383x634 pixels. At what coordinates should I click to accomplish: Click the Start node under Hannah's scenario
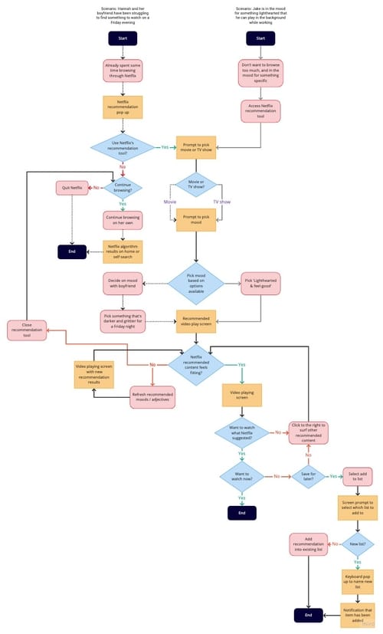(123, 38)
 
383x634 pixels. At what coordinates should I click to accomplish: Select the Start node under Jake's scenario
(260, 38)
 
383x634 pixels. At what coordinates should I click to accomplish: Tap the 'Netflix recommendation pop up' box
(123, 107)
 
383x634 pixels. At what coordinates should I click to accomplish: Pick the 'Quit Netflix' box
(70, 188)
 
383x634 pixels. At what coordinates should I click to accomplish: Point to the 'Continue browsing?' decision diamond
(123, 188)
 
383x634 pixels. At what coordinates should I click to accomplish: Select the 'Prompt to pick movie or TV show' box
(196, 147)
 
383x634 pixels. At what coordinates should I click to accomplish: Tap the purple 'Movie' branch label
(170, 201)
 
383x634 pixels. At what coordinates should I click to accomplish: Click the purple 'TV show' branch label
(221, 201)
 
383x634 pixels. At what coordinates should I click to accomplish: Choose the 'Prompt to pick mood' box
(196, 220)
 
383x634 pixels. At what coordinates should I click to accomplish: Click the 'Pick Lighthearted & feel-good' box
(260, 283)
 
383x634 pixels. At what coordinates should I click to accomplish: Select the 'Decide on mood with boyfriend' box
(123, 283)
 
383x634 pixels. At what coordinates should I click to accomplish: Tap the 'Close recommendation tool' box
(26, 330)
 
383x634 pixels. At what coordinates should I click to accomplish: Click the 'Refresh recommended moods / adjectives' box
(152, 397)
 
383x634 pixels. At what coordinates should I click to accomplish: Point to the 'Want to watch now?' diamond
(241, 476)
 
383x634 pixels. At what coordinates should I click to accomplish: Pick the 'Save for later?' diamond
(309, 476)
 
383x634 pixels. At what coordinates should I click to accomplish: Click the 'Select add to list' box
(358, 476)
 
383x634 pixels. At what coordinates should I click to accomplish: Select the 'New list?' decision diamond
(358, 544)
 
